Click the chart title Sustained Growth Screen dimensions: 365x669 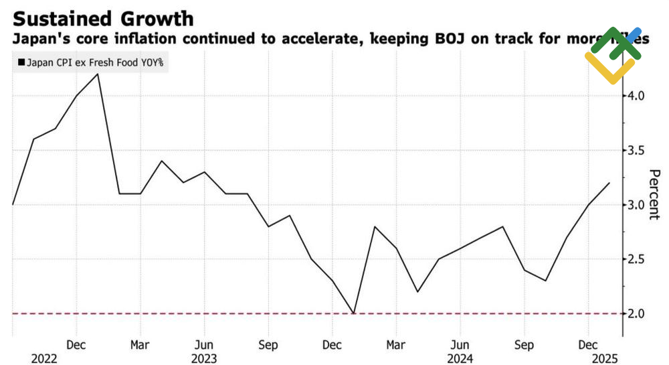(104, 18)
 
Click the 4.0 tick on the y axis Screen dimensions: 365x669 (634, 96)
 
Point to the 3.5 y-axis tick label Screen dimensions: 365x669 (634, 150)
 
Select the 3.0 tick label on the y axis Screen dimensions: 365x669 (634, 204)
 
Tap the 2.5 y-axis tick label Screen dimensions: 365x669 (634, 259)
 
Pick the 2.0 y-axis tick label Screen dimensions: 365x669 (634, 313)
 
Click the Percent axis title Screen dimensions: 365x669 (654, 194)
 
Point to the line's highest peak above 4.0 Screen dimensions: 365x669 (98, 74)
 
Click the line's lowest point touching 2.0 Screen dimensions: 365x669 (353, 313)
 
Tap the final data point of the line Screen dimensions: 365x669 (609, 183)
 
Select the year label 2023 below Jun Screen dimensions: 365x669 (203, 359)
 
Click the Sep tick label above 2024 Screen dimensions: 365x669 (524, 346)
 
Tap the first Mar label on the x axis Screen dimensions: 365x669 (140, 346)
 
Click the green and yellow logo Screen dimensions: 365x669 (612, 55)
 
